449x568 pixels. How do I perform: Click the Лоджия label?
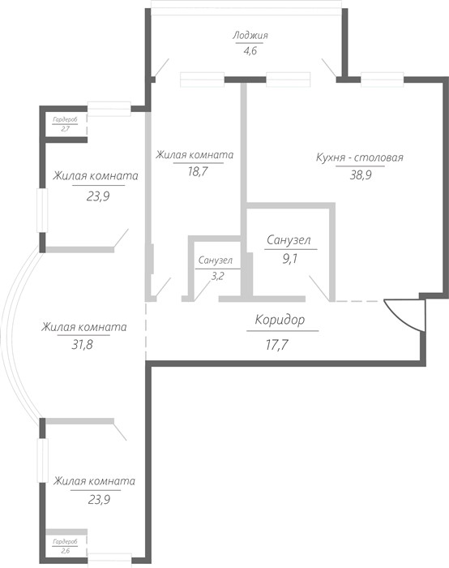(250, 36)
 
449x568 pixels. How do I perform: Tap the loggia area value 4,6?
(250, 50)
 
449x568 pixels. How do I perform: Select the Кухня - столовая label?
(360, 157)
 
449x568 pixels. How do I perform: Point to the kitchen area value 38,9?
(361, 175)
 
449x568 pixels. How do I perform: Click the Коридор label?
(280, 320)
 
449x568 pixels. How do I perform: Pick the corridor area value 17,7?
(277, 345)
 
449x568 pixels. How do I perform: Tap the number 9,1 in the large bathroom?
(289, 259)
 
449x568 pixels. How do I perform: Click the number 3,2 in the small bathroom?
(217, 276)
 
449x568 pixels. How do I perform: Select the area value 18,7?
(198, 171)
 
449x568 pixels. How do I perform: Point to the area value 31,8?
(83, 344)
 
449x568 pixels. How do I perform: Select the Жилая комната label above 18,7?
(195, 155)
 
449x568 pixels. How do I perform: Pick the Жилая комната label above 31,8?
(84, 327)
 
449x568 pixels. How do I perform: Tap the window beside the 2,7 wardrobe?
(109, 109)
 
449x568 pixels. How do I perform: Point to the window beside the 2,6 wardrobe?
(109, 558)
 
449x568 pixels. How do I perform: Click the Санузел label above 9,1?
(289, 240)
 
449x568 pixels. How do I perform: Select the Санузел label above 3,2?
(216, 260)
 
